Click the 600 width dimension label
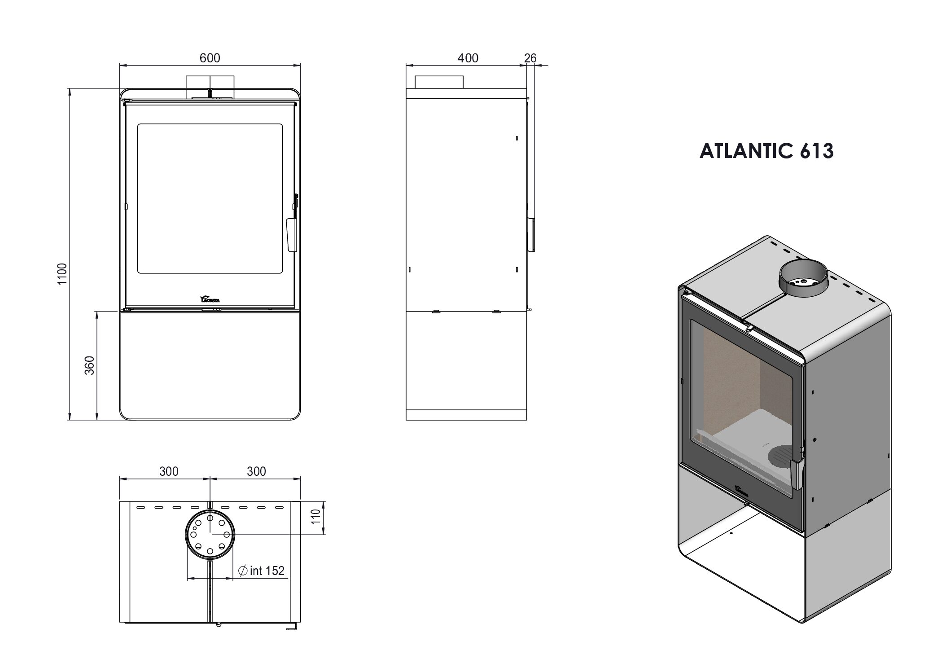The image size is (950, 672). (210, 58)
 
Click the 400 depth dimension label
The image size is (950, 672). (468, 58)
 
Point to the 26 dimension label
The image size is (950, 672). (530, 58)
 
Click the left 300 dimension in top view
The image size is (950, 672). (169, 471)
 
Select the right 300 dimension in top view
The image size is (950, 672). (256, 471)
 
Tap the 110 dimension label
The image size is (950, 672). (316, 517)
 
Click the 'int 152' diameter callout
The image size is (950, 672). (262, 571)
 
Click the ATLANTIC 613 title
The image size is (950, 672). (766, 151)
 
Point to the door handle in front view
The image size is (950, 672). (290, 235)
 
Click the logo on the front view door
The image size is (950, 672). (210, 299)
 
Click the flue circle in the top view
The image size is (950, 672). (209, 537)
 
